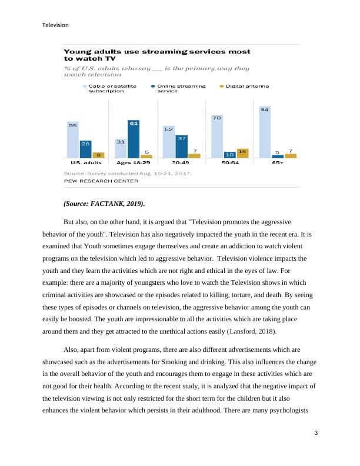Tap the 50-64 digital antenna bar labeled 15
pos(242,154)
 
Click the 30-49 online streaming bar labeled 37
pos(181,147)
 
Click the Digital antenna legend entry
pos(247,86)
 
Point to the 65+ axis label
pos(278,162)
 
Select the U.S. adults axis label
pos(86,162)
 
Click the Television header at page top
pos(56,25)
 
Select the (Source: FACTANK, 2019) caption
pos(104,204)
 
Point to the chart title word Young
pos(77,52)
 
